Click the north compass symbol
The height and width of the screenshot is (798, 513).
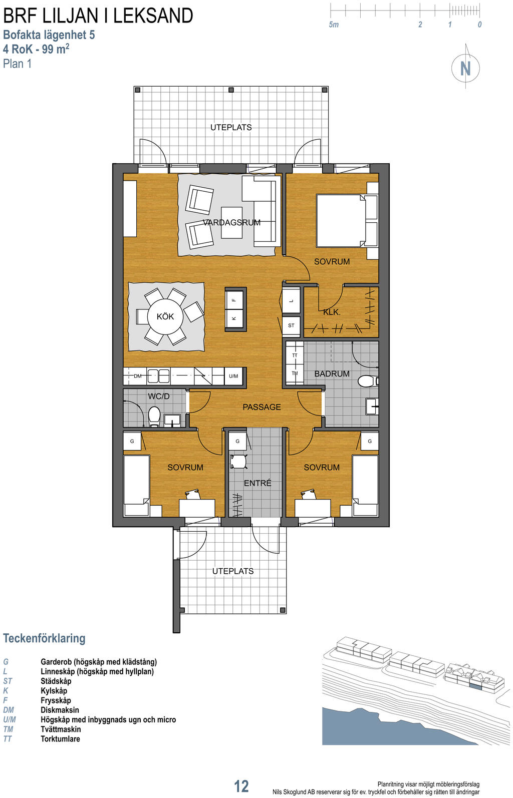click(465, 68)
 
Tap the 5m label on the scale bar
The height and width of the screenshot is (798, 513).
click(334, 25)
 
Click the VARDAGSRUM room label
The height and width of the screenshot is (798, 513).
click(232, 223)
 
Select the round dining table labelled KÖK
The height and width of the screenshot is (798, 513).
click(165, 316)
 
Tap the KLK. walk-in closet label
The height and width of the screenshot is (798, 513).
click(332, 312)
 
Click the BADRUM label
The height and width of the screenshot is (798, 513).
click(332, 373)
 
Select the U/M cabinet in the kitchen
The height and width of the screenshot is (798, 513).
click(233, 376)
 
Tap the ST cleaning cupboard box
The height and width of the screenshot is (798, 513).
click(291, 325)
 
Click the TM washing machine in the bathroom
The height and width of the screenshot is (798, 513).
click(295, 373)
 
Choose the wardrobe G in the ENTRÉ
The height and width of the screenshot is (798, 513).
click(237, 442)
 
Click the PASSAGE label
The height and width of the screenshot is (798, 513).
click(262, 407)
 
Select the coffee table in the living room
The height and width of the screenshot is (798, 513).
click(232, 223)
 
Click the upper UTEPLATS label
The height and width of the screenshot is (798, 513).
click(231, 127)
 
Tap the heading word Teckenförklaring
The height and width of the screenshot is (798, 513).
click(44, 638)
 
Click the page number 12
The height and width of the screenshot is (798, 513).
click(241, 786)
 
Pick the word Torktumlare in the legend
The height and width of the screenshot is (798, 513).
click(60, 738)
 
